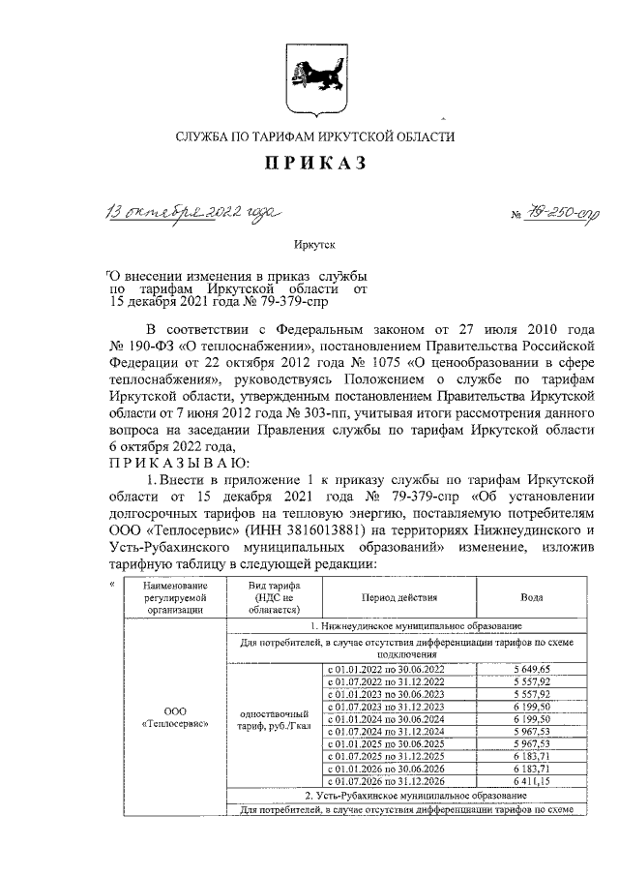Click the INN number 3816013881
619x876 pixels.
pyautogui.click(x=350, y=530)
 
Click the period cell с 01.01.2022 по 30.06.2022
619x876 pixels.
pyautogui.click(x=386, y=669)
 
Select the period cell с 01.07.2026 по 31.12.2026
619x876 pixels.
pyautogui.click(x=386, y=779)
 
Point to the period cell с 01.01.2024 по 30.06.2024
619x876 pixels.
pyautogui.click(x=386, y=718)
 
